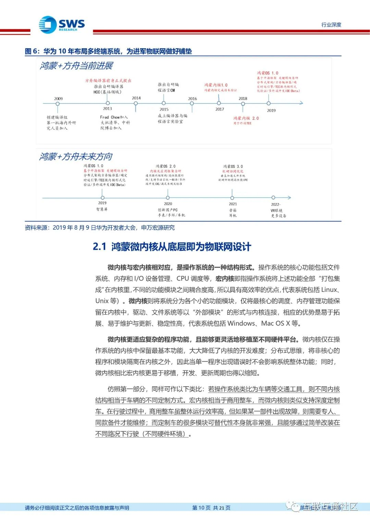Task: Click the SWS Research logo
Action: click(x=62, y=25)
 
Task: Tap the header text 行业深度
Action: click(x=331, y=25)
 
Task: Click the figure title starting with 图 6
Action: click(x=108, y=51)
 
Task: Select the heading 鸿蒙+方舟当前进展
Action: click(x=76, y=66)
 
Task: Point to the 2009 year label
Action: click(x=58, y=99)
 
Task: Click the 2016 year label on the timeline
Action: click(x=193, y=99)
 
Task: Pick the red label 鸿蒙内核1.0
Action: click(x=216, y=85)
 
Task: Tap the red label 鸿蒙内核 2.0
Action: click(x=246, y=118)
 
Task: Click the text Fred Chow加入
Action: click(x=114, y=117)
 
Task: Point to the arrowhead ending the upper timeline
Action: click(x=301, y=103)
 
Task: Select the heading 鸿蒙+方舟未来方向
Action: click(x=76, y=157)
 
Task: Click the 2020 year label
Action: click(x=168, y=204)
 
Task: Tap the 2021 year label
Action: click(x=233, y=204)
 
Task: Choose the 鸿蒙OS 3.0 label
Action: click(x=233, y=166)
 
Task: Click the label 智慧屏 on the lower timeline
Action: click(x=102, y=209)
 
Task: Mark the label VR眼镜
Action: click(x=276, y=211)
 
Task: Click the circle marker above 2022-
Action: click(x=273, y=198)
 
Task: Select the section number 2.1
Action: click(x=99, y=247)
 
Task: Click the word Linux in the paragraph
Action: click(x=329, y=290)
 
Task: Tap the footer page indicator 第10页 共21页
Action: click(x=211, y=508)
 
